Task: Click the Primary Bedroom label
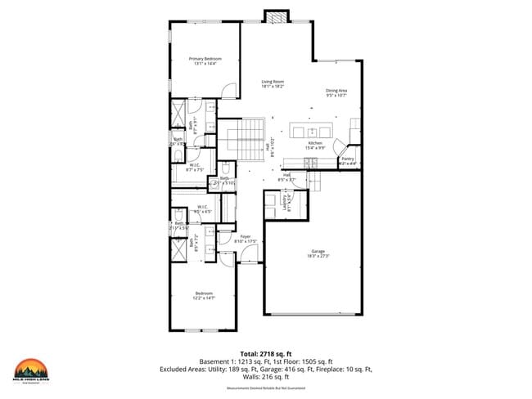(205, 61)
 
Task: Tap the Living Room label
(273, 83)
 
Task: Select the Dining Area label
(336, 92)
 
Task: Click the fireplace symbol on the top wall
(277, 16)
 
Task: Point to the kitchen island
(313, 132)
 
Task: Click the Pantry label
(348, 161)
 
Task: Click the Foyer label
(246, 239)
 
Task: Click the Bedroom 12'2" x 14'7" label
(204, 295)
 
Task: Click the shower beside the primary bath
(178, 113)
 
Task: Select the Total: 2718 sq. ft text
(266, 352)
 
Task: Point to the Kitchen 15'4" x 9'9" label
(316, 146)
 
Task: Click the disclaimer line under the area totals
(265, 388)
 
